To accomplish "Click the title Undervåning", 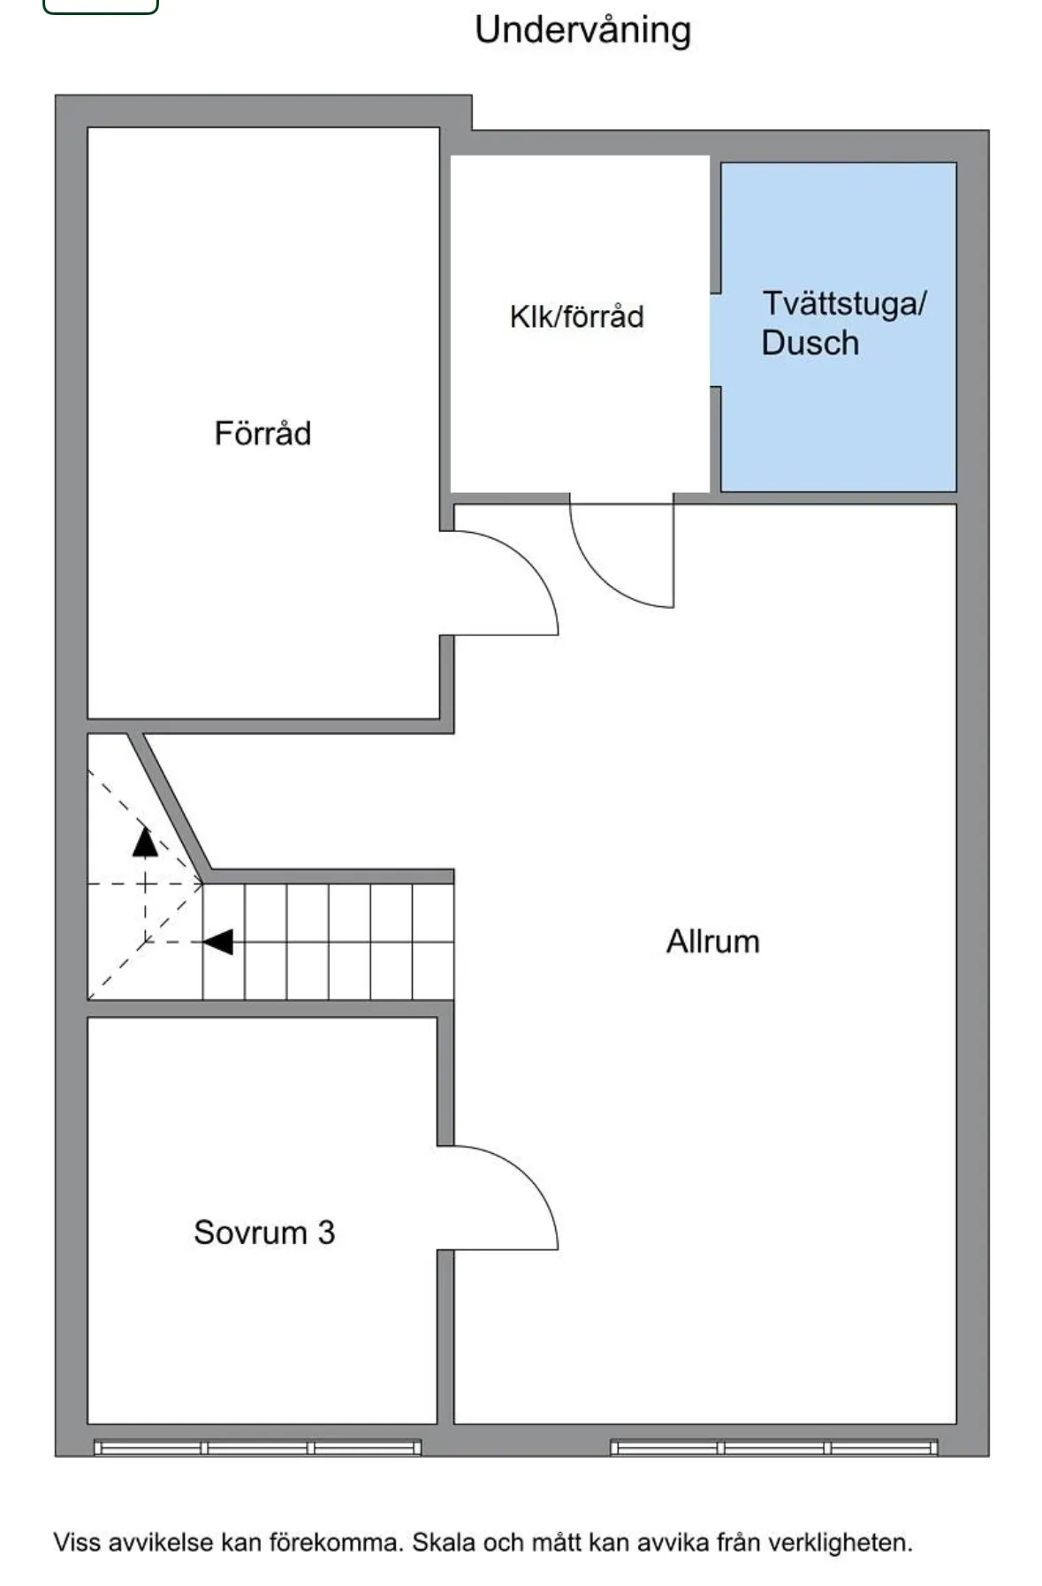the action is pos(582,31).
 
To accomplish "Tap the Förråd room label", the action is pos(262,433).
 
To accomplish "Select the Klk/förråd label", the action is pos(576,316).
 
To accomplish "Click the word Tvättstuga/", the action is pos(844,304).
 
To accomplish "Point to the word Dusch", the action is pos(810,343).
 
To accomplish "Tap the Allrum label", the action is pos(712,941).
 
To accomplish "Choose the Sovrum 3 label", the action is pos(264,1232).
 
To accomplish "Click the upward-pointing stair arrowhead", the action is pos(145,842).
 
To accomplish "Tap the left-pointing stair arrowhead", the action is pos(217,942).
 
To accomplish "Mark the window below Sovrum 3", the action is pos(257,1447).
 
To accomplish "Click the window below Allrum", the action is pos(773,1447).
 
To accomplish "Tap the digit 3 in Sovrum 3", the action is pos(326,1232).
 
